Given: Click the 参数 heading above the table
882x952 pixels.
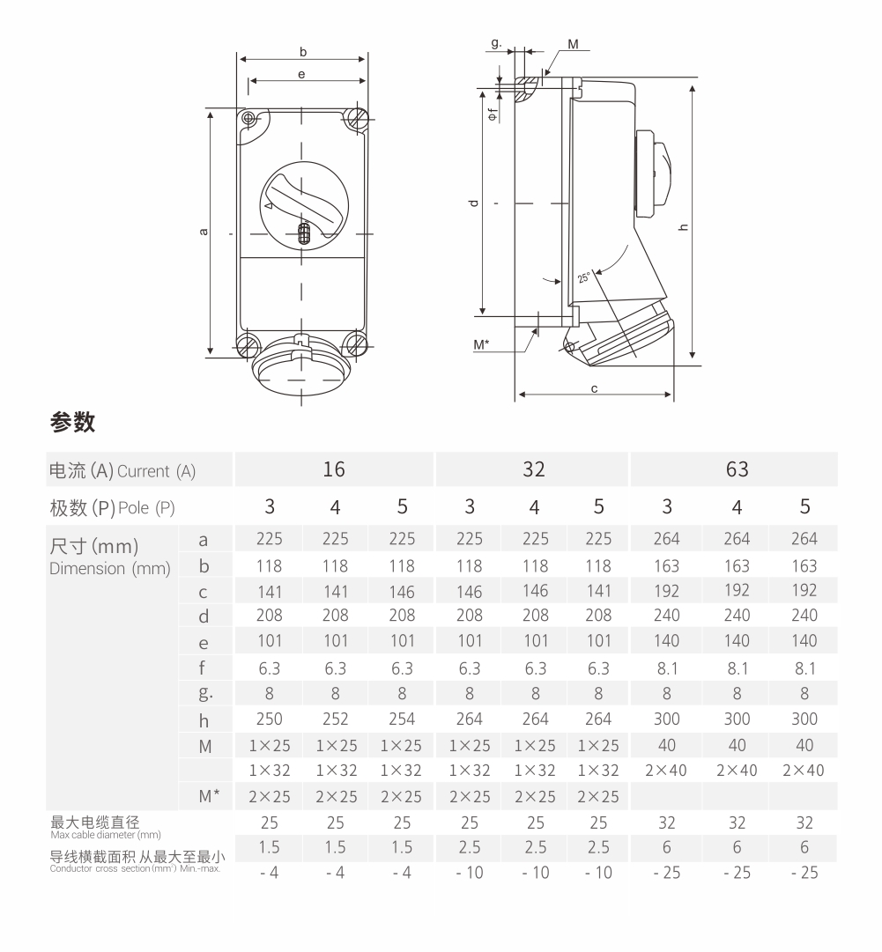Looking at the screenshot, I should [72, 423].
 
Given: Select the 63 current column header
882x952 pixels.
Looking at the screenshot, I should [737, 469].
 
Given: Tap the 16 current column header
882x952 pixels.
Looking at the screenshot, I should [334, 469].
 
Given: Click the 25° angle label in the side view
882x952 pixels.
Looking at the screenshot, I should [585, 277].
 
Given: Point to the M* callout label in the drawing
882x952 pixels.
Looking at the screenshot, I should [481, 345].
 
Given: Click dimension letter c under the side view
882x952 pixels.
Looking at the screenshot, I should [595, 387].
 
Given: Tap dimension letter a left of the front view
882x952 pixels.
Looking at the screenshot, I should [204, 232].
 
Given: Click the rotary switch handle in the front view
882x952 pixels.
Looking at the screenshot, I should [303, 202].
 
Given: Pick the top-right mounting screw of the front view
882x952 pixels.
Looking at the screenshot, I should [359, 117].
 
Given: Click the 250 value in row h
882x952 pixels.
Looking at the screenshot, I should [270, 719].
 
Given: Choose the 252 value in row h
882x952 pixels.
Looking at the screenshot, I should [335, 719].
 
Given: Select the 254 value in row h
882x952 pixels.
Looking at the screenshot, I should [402, 719].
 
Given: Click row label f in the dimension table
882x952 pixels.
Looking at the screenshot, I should [204, 667].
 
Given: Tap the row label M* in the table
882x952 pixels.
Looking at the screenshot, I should [209, 797].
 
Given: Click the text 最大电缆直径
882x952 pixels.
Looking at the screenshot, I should [95, 823].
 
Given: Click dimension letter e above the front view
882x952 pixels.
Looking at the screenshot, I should [301, 75].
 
